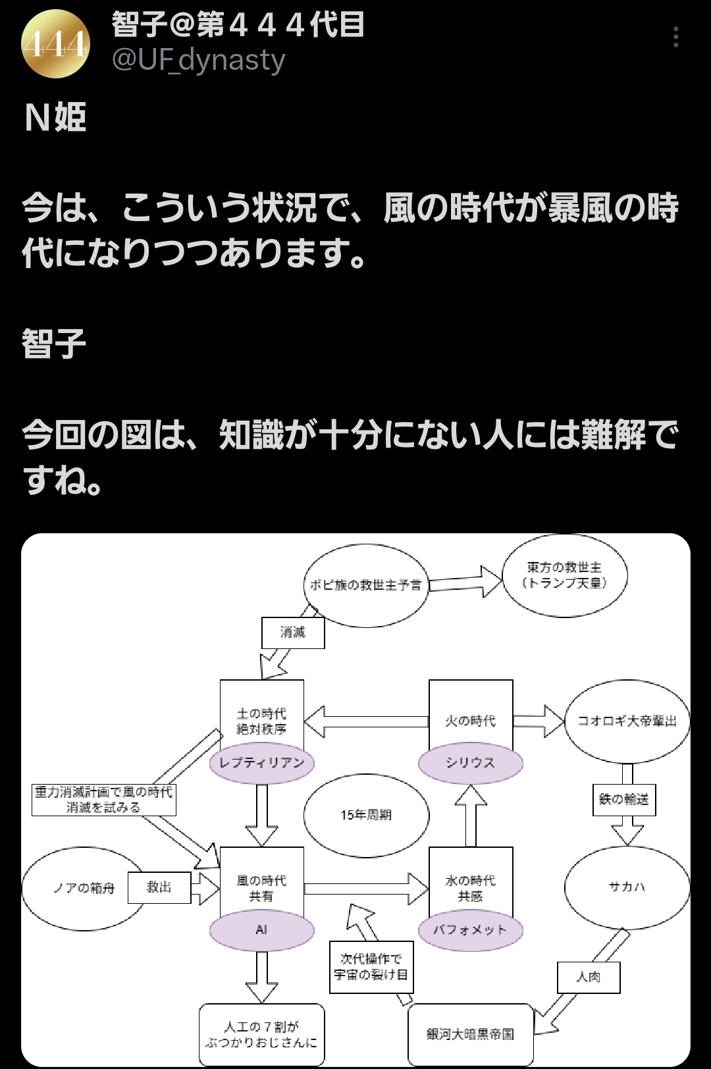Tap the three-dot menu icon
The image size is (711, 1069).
tap(675, 38)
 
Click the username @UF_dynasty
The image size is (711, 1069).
tap(198, 61)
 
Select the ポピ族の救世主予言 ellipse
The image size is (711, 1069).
tap(366, 585)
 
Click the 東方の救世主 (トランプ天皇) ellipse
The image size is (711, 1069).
tap(564, 575)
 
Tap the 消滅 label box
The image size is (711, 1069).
tap(293, 633)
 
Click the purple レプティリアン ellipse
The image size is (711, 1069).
tap(261, 763)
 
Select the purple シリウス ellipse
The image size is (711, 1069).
tap(470, 763)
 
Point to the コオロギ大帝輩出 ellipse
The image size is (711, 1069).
tap(627, 721)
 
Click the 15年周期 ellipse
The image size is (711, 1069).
tap(366, 815)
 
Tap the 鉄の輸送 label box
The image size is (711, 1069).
tap(623, 799)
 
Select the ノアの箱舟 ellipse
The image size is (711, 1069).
tap(84, 888)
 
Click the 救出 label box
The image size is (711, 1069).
tap(159, 887)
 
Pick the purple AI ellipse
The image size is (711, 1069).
tap(261, 930)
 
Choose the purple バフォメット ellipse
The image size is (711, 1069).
tap(470, 930)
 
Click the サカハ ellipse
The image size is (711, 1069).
tap(627, 887)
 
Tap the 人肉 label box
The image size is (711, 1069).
tap(589, 977)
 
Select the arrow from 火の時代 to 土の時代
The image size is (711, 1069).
tap(366, 721)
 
